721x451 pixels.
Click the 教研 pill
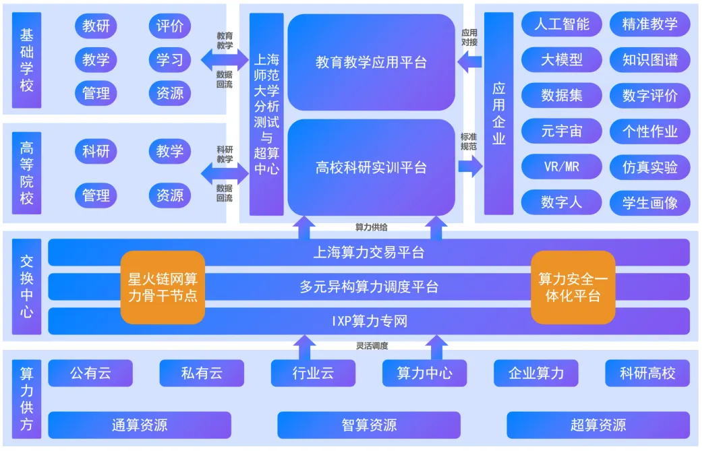(96, 26)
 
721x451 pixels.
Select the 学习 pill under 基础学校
(170, 59)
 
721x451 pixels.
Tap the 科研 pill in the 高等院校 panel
(96, 151)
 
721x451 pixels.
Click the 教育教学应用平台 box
(371, 62)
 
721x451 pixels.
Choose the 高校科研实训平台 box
(371, 167)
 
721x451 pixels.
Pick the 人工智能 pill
(561, 24)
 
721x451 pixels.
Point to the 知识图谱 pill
(650, 59)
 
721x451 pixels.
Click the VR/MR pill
(561, 167)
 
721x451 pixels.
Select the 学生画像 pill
(650, 202)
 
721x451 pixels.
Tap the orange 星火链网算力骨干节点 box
(163, 287)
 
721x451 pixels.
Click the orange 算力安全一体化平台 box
(573, 287)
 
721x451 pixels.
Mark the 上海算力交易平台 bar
(369, 253)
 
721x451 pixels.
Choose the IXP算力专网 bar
(369, 321)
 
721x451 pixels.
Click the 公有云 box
(90, 373)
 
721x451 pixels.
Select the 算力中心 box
(424, 373)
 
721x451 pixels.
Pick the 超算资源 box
(598, 425)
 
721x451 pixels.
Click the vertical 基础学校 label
(27, 60)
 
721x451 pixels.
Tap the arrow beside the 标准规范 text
(471, 166)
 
